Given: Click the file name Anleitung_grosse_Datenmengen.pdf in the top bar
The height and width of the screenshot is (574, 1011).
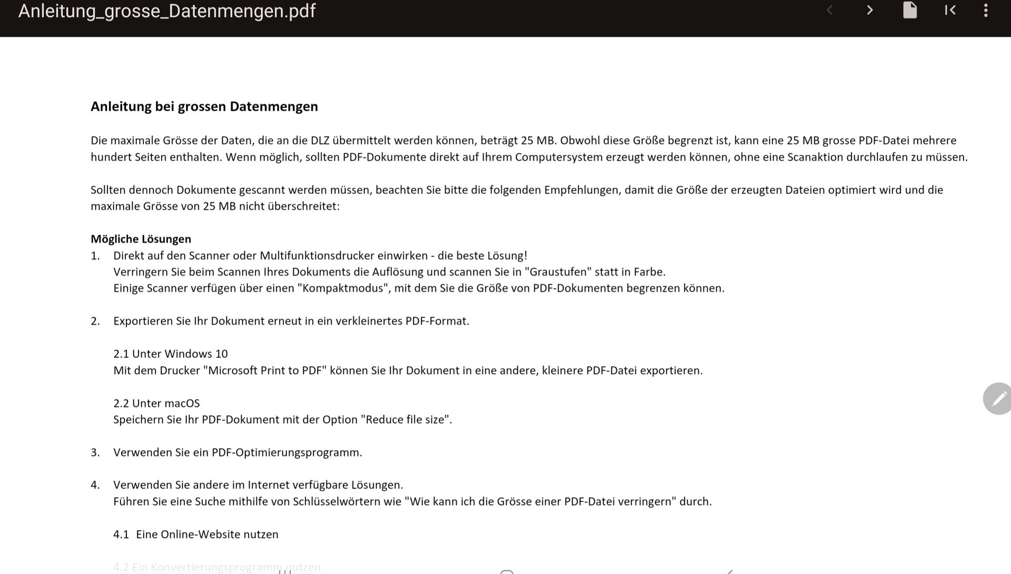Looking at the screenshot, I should (167, 11).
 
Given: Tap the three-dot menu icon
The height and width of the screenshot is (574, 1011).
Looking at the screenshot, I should (986, 11).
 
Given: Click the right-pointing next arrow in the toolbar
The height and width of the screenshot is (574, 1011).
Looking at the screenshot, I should (870, 11).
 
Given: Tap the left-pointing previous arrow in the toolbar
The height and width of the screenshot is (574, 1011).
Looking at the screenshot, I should (829, 11).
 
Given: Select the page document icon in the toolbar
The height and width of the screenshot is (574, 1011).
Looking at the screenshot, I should (910, 11).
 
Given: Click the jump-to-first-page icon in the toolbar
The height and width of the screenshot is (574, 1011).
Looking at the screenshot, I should (950, 11).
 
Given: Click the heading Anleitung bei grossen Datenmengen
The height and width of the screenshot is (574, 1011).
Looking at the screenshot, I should (204, 106).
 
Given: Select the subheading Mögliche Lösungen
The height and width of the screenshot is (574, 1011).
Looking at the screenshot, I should (141, 239).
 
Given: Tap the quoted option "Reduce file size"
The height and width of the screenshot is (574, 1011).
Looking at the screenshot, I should (405, 420).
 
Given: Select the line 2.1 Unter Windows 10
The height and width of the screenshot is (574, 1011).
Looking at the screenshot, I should (171, 354).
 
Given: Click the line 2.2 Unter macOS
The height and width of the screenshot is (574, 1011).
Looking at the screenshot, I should (156, 403).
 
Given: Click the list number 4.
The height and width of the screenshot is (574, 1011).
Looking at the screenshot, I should (95, 485).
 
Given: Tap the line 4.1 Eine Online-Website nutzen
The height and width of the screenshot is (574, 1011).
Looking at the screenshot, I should (196, 534).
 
